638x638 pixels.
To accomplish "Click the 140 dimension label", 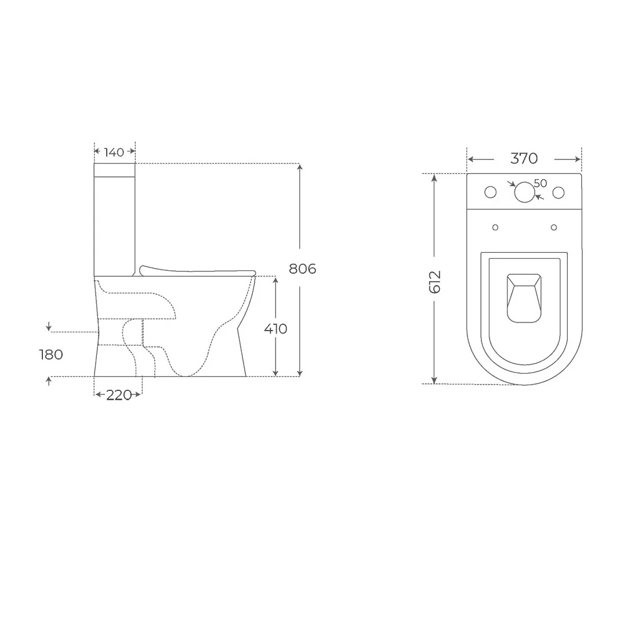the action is point(114,153).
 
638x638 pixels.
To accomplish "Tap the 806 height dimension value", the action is point(302,269).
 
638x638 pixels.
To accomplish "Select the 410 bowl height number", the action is point(275,329).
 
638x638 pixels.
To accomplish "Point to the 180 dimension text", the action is point(51,355).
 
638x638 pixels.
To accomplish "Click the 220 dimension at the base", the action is point(119,395).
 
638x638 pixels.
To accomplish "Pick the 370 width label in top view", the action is point(524,158).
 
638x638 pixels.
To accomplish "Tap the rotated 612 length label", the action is point(434,281).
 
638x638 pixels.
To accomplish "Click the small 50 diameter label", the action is point(541,183).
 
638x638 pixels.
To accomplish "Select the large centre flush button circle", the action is point(524,193).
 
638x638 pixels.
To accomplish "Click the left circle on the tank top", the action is point(491,193).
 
